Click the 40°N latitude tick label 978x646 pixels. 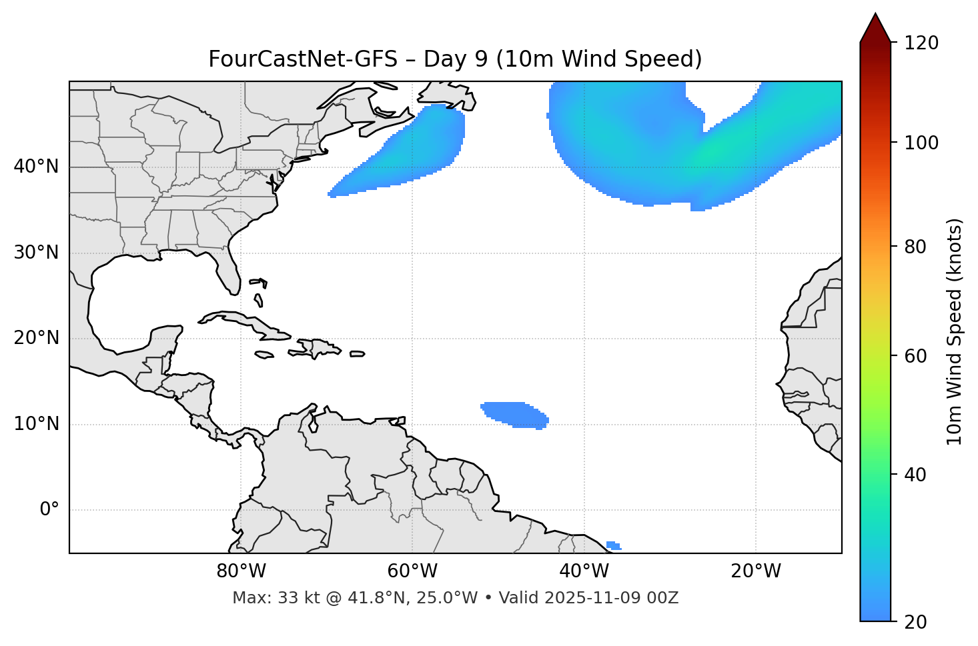point(36,167)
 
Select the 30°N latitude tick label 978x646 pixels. point(36,253)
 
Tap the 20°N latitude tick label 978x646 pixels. point(36,338)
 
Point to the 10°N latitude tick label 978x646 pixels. point(36,424)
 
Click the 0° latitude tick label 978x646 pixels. point(49,510)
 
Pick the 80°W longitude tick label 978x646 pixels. point(241,571)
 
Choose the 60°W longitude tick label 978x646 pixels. point(412,571)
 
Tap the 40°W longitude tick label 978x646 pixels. point(584,571)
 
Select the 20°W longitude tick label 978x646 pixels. point(755,571)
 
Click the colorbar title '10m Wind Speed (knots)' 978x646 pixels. point(955,331)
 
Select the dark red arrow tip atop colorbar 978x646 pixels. point(875,28)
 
